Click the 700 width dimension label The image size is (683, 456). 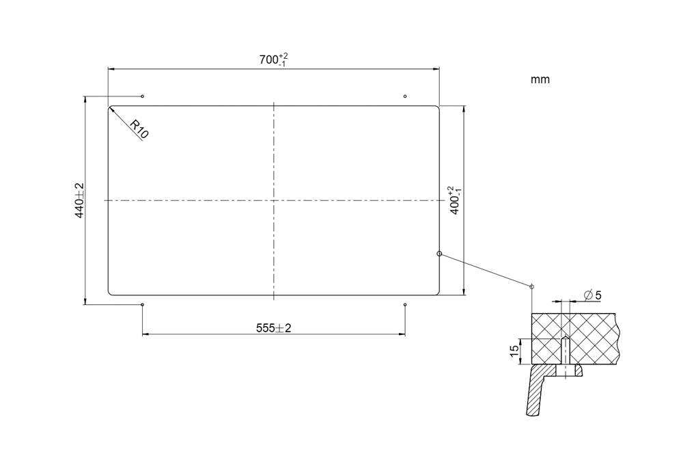coord(274,59)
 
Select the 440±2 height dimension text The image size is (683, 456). coord(80,200)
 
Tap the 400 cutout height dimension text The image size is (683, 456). coord(455,200)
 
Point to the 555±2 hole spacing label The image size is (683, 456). coord(274,328)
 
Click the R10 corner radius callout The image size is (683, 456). coord(139,129)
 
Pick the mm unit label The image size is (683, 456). coord(540,79)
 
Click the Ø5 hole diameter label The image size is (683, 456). coord(592,295)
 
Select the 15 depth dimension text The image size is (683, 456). coord(514,351)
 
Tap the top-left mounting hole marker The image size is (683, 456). coord(143,96)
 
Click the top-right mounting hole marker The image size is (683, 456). coord(405,96)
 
